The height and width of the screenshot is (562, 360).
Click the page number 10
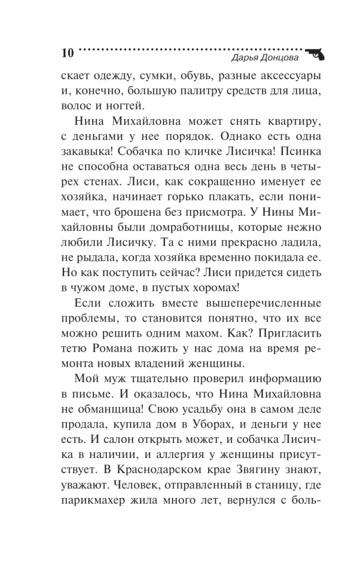coord(66,54)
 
